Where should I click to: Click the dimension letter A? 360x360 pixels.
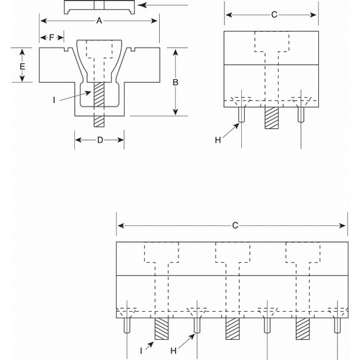(x=99, y=21)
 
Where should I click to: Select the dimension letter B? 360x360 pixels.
(x=176, y=82)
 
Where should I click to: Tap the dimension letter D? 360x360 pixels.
(x=100, y=140)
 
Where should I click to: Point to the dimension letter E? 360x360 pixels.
(x=22, y=66)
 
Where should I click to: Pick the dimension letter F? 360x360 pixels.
(x=52, y=37)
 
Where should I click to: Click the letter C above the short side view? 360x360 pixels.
(x=274, y=15)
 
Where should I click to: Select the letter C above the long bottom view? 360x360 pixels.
(x=235, y=225)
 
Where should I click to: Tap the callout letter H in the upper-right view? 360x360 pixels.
(x=217, y=140)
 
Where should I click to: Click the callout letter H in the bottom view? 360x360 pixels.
(x=174, y=351)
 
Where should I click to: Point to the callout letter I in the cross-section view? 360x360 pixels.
(x=54, y=100)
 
